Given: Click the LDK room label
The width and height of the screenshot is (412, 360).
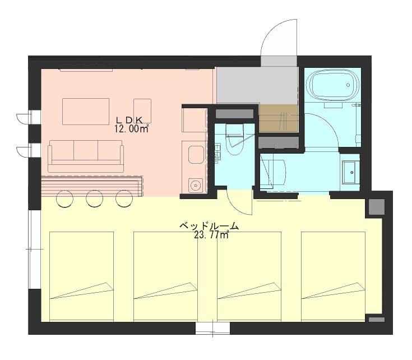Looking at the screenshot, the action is click(x=129, y=121).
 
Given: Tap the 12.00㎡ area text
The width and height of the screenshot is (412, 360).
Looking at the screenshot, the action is click(x=131, y=129).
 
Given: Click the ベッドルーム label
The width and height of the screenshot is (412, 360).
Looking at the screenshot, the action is click(x=209, y=226).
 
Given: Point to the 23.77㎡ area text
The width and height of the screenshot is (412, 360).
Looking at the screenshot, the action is click(x=211, y=234).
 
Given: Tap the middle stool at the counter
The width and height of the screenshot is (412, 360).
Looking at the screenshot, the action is click(x=95, y=199).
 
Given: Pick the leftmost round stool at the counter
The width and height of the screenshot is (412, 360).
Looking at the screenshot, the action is click(x=64, y=199).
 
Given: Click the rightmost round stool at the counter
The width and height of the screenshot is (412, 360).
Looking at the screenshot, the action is click(x=124, y=199).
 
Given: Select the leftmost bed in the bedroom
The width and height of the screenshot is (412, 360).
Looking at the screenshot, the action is click(x=81, y=276).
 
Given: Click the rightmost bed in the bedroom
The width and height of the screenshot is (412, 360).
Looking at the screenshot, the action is click(x=333, y=276).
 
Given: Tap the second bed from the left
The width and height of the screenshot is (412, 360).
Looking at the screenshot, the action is click(x=165, y=276).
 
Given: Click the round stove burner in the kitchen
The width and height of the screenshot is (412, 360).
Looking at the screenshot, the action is click(x=196, y=185).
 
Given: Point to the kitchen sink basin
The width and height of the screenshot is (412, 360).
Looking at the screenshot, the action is click(x=196, y=155).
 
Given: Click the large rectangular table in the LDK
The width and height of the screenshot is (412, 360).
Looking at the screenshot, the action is click(x=86, y=112).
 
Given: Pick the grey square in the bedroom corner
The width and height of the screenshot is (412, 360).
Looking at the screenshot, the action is click(x=377, y=207).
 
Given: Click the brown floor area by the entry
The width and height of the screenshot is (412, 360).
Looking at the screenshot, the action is click(x=279, y=118).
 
